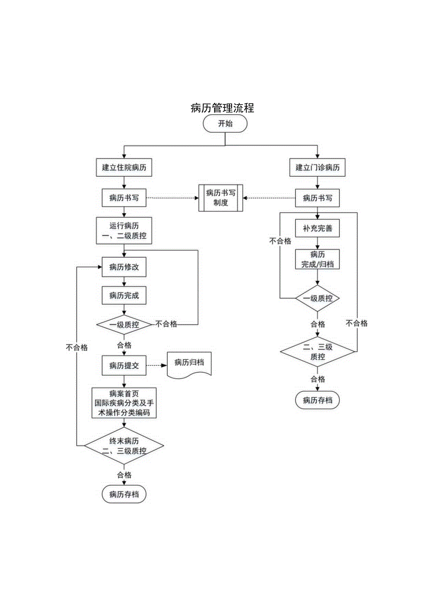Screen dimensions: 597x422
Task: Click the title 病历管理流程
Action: [222, 108]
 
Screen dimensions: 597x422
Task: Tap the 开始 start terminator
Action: [225, 123]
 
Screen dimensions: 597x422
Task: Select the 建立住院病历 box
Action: [124, 168]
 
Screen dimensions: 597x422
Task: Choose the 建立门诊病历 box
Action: [317, 168]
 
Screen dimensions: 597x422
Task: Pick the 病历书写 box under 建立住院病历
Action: [124, 198]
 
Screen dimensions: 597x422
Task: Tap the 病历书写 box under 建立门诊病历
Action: [317, 198]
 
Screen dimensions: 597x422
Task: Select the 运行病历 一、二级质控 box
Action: [124, 231]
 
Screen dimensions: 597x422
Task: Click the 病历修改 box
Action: [124, 268]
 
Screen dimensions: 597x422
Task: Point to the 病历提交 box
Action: [124, 366]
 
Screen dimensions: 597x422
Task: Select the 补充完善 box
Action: [317, 228]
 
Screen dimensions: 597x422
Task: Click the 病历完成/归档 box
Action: [317, 259]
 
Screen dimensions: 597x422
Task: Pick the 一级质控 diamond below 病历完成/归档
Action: [317, 298]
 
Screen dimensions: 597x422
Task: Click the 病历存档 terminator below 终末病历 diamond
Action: [124, 494]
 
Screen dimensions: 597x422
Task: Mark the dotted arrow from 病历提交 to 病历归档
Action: [156, 366]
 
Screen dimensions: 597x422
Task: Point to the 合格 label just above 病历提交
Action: [124, 345]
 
